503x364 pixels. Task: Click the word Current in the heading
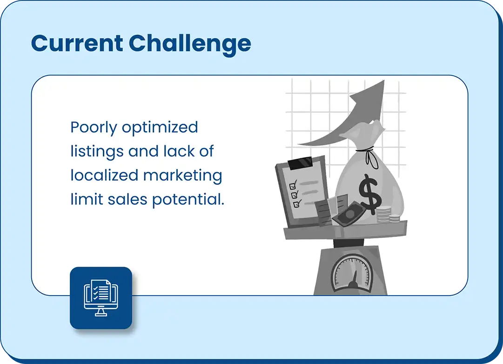click(x=77, y=43)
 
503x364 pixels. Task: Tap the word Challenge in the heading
click(x=190, y=45)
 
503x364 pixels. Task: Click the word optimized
click(x=160, y=128)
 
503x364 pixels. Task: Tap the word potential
click(x=188, y=200)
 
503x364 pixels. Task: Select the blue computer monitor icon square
click(x=101, y=298)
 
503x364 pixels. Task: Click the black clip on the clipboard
click(x=301, y=163)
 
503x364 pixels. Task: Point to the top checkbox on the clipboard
click(x=293, y=186)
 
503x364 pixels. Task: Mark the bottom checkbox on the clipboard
click(x=296, y=204)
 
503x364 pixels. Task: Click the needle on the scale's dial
click(x=354, y=279)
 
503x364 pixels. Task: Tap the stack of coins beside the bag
click(x=388, y=215)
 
